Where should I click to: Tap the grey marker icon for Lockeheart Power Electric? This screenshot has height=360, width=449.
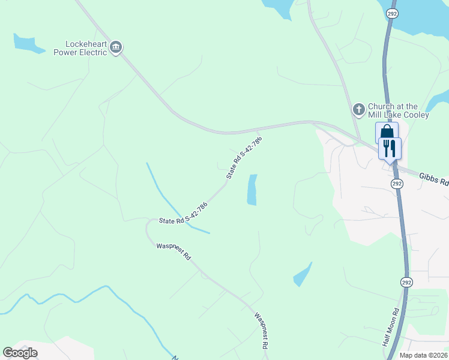(116, 47)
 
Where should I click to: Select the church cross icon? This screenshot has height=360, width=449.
(358, 110)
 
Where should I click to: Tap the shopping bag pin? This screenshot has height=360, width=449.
(387, 133)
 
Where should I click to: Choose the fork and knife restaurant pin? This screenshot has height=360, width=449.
(390, 148)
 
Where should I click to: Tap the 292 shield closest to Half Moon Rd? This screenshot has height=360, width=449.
(406, 281)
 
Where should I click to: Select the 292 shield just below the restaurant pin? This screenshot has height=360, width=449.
(396, 182)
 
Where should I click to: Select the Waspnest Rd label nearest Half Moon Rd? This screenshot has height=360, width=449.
(261, 330)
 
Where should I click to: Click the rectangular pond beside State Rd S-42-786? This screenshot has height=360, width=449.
(252, 190)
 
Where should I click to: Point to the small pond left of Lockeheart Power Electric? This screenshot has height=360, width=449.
(26, 43)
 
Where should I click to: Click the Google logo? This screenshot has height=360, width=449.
(20, 352)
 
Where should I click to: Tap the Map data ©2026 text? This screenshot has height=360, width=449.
(423, 355)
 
